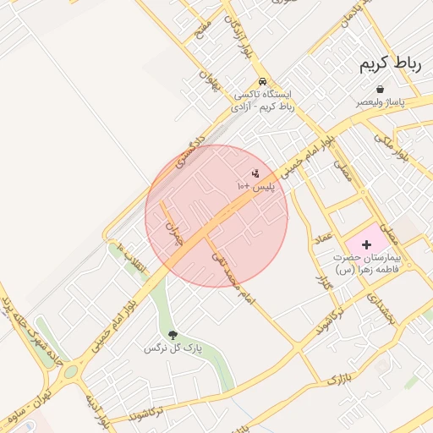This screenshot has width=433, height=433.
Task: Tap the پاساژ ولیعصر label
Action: pyautogui.click(x=380, y=102)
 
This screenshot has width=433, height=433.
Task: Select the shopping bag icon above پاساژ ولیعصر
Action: pyautogui.click(x=380, y=89)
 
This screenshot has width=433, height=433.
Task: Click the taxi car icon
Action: pyautogui.click(x=251, y=82)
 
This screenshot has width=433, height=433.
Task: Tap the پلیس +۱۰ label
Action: pyautogui.click(x=255, y=184)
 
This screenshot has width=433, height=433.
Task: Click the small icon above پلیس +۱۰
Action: pyautogui.click(x=255, y=173)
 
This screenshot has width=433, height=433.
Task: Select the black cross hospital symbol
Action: pyautogui.click(x=366, y=244)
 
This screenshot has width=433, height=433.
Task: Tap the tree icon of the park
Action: pyautogui.click(x=173, y=335)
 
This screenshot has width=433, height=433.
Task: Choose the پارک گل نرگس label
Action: pyautogui.click(x=173, y=348)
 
